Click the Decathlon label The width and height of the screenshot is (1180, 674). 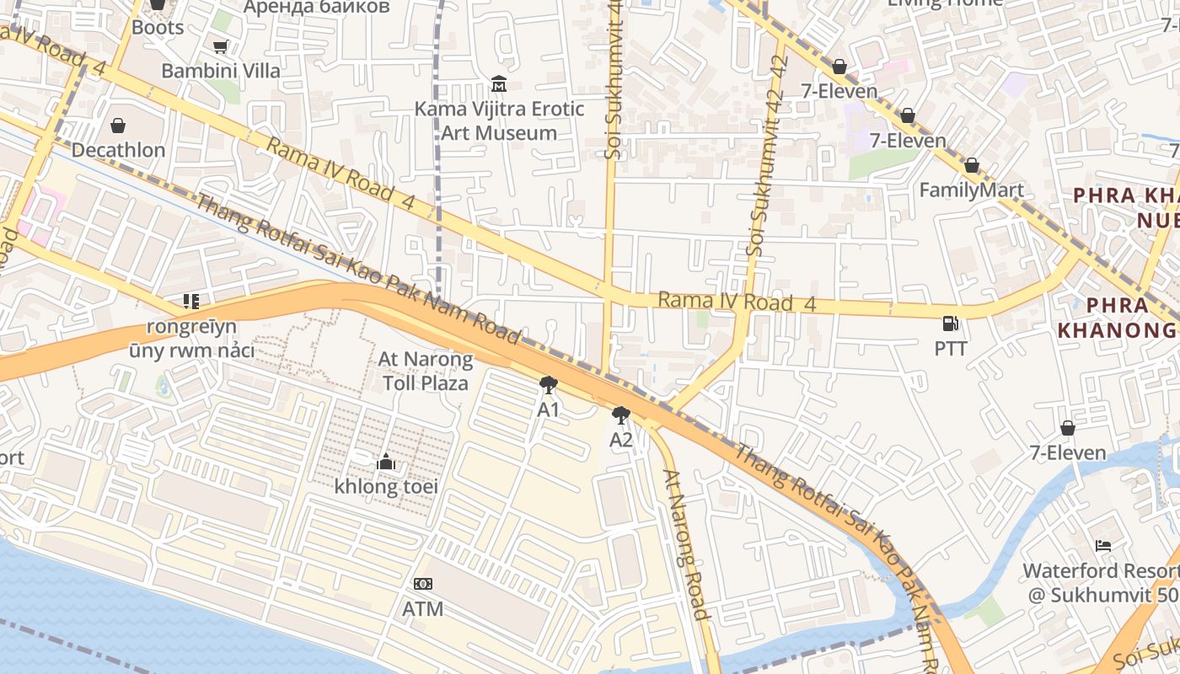(x=118, y=150)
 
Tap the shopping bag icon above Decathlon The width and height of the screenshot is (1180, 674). (x=118, y=126)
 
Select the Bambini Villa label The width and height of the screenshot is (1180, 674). (x=221, y=71)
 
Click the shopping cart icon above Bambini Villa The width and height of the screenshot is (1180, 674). (x=220, y=47)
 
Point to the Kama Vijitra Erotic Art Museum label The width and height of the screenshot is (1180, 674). (x=499, y=120)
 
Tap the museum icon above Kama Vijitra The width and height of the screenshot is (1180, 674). (x=499, y=84)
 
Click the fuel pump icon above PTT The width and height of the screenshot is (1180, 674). (x=950, y=324)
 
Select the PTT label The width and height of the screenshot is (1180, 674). (x=950, y=348)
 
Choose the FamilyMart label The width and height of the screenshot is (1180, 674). (x=971, y=190)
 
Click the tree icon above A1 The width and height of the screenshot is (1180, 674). (x=549, y=386)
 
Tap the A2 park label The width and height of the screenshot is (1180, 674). (x=621, y=440)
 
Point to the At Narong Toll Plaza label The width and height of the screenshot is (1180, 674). (x=426, y=371)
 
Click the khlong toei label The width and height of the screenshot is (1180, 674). (x=386, y=486)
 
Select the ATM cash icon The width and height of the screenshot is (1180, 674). (x=423, y=584)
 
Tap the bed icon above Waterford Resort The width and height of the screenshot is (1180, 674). (x=1102, y=546)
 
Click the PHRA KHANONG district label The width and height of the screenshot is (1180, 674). (x=1116, y=318)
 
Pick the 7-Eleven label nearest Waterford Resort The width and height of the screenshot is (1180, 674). (x=1068, y=452)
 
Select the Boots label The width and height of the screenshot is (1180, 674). (x=158, y=27)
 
